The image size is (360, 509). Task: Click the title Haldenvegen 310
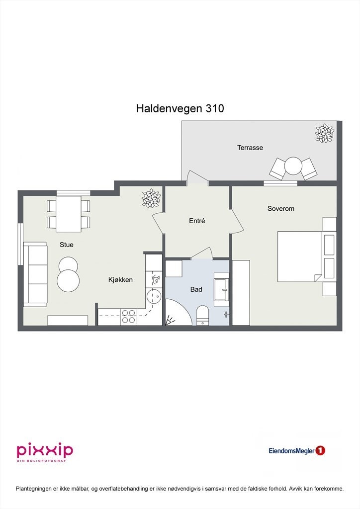coord(180,109)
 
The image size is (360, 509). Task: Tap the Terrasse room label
coord(250,148)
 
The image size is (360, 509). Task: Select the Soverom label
coord(280,209)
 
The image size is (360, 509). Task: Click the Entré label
coord(197,221)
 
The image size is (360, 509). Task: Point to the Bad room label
coord(196,289)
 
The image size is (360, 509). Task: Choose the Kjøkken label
coord(120,280)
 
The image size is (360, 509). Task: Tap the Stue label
coord(66,245)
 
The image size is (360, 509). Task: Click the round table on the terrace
coord(293,167)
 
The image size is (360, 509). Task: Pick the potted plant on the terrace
coord(324,133)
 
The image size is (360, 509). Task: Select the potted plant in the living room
coord(151,198)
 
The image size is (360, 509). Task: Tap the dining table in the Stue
coord(69,214)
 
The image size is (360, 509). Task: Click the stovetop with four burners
coord(129,317)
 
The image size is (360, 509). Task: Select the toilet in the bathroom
coord(202,315)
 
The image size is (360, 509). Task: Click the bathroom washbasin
coord(221,289)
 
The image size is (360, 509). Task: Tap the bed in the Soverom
coord(299,256)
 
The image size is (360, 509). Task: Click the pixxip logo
coord(45,451)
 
